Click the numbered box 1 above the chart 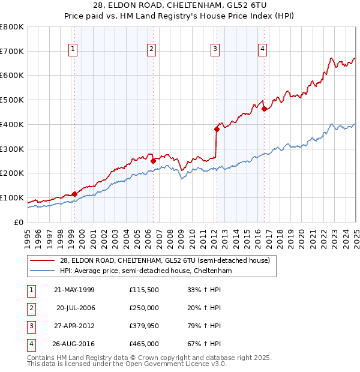click(73, 49)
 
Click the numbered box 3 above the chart click(215, 49)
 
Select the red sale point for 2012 click(217, 129)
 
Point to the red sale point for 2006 click(153, 161)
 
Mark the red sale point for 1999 click(74, 194)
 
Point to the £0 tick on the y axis click(19, 223)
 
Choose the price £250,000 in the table click(144, 308)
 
